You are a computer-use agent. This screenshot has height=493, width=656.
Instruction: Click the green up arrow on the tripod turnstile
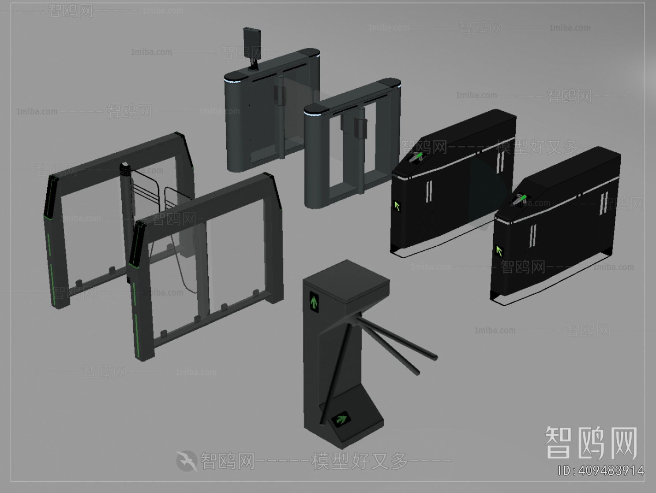click(314, 302)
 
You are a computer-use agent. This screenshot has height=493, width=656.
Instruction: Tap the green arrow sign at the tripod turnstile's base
click(341, 418)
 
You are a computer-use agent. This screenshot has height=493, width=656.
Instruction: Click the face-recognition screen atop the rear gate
click(252, 42)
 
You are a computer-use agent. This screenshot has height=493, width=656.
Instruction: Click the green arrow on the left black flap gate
click(397, 206)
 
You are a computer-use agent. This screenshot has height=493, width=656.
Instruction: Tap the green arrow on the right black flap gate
click(499, 251)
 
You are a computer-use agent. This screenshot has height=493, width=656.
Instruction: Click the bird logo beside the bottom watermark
click(187, 461)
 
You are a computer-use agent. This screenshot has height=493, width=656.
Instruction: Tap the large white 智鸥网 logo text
click(591, 443)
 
